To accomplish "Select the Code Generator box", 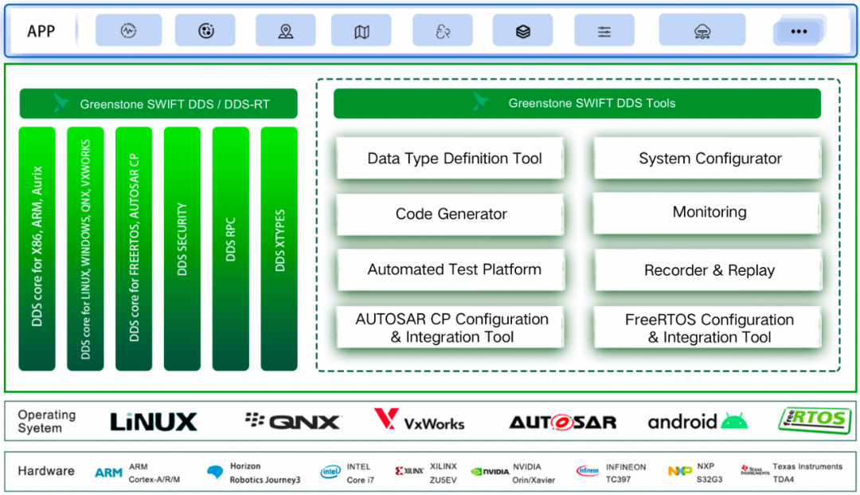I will (x=451, y=214).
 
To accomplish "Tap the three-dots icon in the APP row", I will (x=799, y=32).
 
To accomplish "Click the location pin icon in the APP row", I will (x=285, y=31).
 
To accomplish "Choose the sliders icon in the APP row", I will (x=604, y=31).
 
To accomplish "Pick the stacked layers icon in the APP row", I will (x=522, y=31).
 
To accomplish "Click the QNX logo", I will (x=293, y=422).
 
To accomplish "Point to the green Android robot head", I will (x=734, y=422).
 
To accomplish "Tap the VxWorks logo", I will (x=419, y=420).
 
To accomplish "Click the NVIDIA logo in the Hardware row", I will (x=490, y=471).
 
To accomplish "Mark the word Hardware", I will (x=46, y=471).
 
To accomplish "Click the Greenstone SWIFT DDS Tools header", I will (x=577, y=104).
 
